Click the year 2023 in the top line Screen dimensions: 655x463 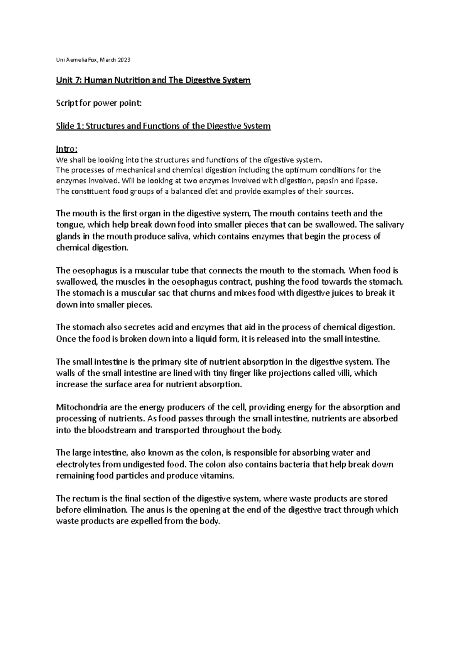click(x=124, y=60)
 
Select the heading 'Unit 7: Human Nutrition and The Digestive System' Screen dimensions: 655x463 click(x=153, y=80)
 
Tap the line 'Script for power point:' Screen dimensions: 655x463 click(x=99, y=103)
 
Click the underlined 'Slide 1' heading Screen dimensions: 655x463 click(x=163, y=126)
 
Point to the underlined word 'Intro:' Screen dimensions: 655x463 click(x=67, y=149)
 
